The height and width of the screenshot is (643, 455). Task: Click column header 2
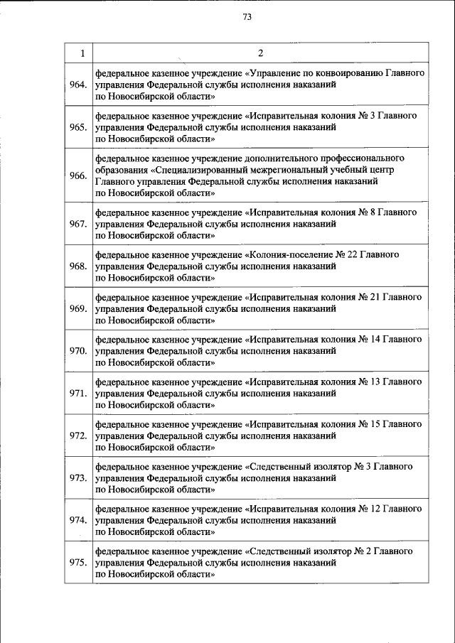point(260,53)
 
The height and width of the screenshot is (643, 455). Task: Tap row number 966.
point(78,175)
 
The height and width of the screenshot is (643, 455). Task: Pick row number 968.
point(78,266)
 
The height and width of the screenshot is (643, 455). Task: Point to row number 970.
point(78,350)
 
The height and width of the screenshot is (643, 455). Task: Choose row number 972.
point(78,435)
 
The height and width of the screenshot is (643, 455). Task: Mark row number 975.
point(78,562)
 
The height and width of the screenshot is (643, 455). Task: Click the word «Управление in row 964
point(274,73)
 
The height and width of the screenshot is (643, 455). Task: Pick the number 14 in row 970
point(373,339)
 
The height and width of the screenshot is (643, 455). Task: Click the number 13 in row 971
point(373,382)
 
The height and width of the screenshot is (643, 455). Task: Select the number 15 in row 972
point(373,424)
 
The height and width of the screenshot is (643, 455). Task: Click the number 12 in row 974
point(373,509)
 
